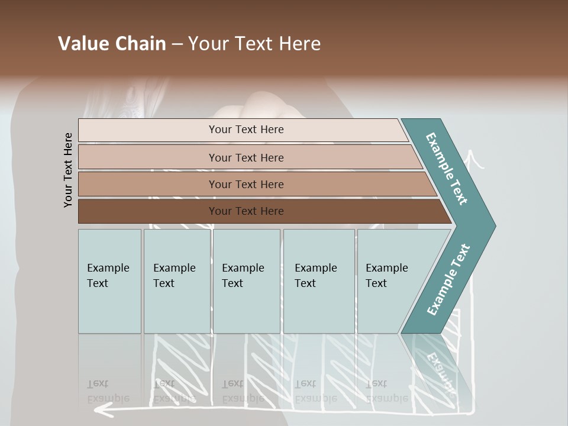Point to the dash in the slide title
pos(177,44)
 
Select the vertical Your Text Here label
pos(68,170)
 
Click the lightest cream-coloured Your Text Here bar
pos(246,130)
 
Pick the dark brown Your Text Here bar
pos(246,211)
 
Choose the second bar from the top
pos(246,157)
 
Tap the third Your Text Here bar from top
pos(246,184)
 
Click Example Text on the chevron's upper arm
pos(447,169)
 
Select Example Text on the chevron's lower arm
pos(448,280)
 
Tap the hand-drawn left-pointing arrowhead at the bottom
pos(102,408)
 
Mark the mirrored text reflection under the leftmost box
pos(108,391)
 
